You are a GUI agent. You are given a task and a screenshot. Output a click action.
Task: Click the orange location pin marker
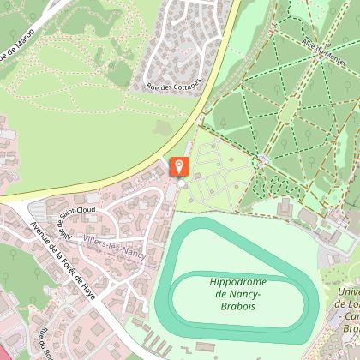(x=180, y=165)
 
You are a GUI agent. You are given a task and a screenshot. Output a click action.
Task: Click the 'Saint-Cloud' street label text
(x=77, y=209)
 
